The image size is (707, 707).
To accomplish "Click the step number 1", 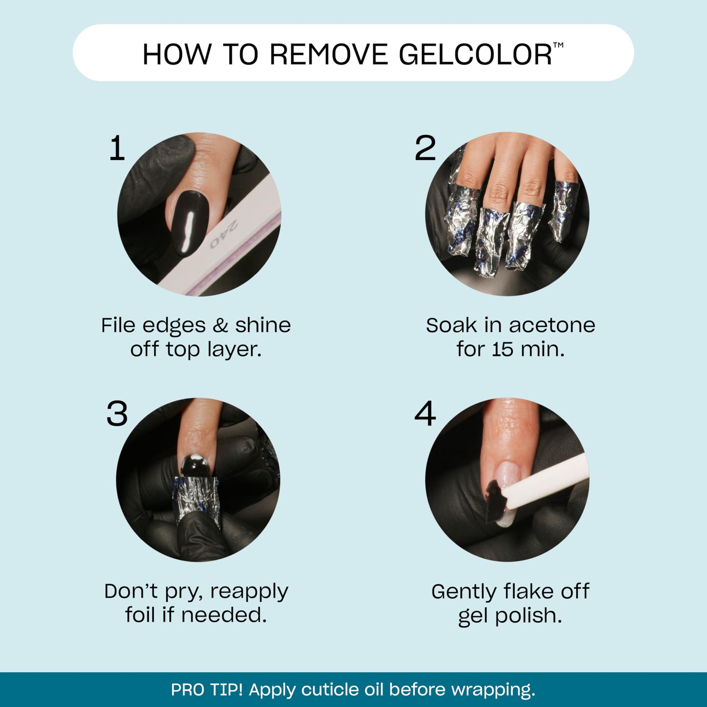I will point(117,148).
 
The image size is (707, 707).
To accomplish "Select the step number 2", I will point(425,148).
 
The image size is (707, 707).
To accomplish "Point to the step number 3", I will point(117,414).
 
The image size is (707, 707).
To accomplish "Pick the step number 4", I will point(425,414).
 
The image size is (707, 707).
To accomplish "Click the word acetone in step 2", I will point(552,325).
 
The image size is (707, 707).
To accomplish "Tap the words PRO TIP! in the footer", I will point(206,690).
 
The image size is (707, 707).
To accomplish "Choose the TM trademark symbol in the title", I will point(558,46).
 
